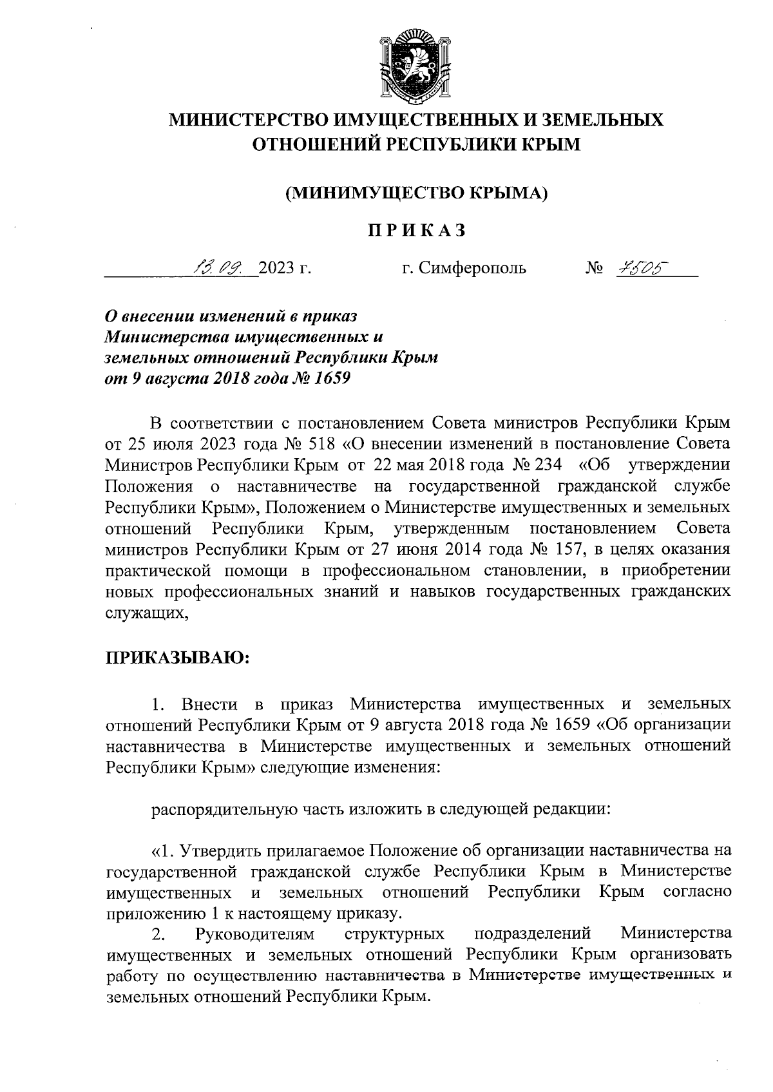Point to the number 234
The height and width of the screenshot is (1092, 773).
[546, 465]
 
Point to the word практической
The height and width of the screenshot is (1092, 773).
[158, 570]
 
